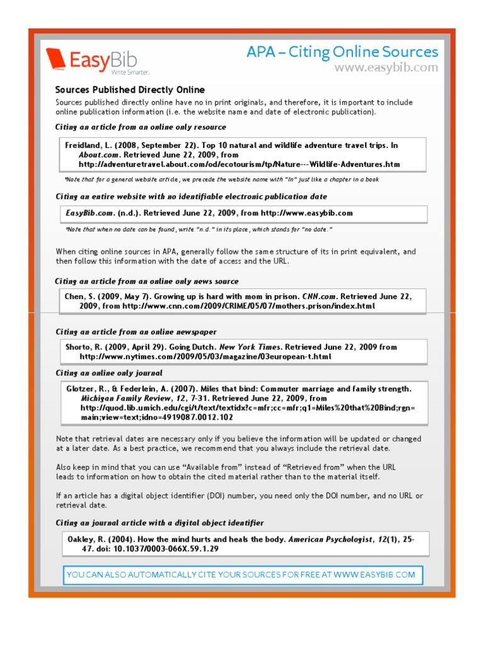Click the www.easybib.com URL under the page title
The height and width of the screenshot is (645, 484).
click(x=386, y=67)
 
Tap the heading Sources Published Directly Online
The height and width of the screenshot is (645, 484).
click(x=130, y=90)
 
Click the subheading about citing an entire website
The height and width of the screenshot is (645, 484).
click(x=192, y=197)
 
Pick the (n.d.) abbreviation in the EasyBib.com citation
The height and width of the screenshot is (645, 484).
click(x=129, y=214)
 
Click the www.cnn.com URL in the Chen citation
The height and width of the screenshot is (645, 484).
click(x=248, y=306)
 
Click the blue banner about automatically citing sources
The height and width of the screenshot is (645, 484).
click(x=241, y=574)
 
